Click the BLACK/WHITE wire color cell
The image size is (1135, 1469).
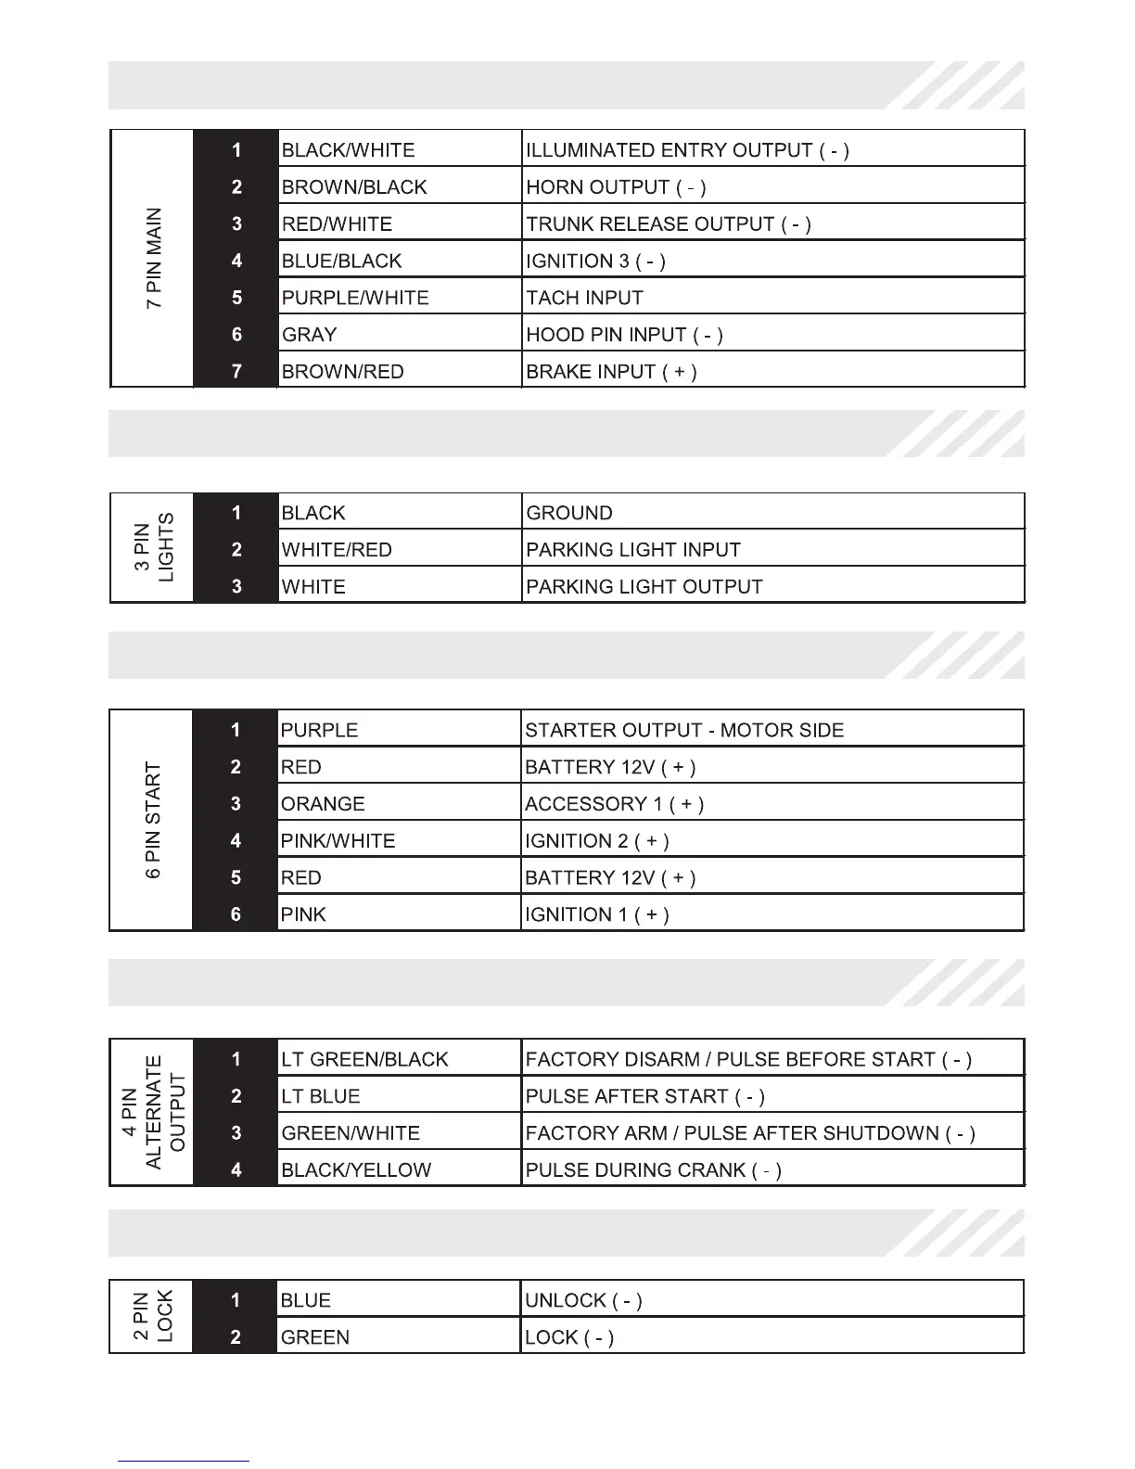coord(399,149)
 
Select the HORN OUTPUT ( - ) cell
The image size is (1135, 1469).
coord(772,186)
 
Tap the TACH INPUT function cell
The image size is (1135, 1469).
coord(772,298)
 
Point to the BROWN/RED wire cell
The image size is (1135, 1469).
coord(399,371)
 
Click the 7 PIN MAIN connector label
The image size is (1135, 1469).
coord(154,259)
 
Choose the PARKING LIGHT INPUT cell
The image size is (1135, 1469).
coord(772,549)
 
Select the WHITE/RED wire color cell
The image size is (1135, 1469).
coord(399,549)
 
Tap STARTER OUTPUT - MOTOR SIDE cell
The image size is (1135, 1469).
coord(772,730)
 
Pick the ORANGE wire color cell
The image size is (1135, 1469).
coord(399,803)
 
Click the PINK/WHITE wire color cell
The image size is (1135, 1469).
coord(399,840)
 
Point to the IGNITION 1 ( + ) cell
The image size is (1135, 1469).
coord(772,914)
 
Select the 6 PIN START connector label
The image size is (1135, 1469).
coord(154,821)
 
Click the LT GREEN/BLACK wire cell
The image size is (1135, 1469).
coord(399,1059)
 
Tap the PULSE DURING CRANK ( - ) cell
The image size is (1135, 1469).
coord(772,1169)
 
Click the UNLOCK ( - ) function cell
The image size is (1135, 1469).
coord(772,1300)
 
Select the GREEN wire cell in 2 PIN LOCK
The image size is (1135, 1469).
coord(399,1337)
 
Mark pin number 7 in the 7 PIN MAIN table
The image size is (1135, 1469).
coord(236,371)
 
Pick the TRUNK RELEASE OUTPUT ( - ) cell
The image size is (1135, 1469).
coord(772,224)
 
